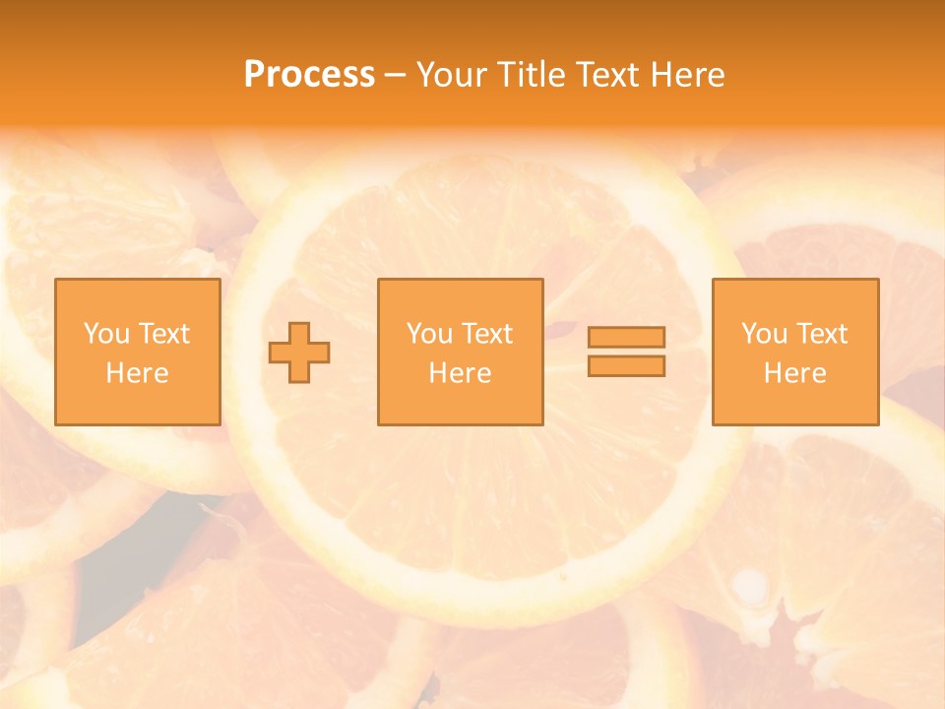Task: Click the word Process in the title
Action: tap(309, 75)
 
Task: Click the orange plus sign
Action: tap(299, 353)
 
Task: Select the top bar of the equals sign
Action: tap(626, 337)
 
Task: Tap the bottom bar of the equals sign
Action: tap(626, 366)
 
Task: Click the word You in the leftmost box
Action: tap(107, 334)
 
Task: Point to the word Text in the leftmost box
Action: tap(163, 334)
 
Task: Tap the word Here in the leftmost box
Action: tap(137, 373)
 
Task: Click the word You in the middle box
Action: tap(430, 334)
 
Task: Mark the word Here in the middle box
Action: tap(460, 373)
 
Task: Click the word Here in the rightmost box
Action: tap(794, 373)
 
